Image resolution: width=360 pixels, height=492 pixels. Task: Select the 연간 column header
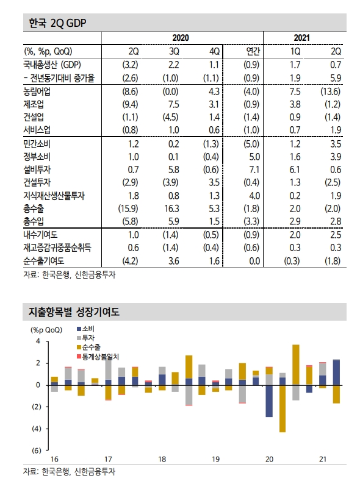pyautogui.click(x=252, y=51)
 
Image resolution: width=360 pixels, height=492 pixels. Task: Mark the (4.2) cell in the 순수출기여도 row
pyautogui.click(x=128, y=261)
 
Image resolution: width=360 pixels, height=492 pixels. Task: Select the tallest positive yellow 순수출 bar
pyautogui.click(x=295, y=365)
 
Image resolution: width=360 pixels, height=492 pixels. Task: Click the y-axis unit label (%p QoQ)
pyautogui.click(x=42, y=329)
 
